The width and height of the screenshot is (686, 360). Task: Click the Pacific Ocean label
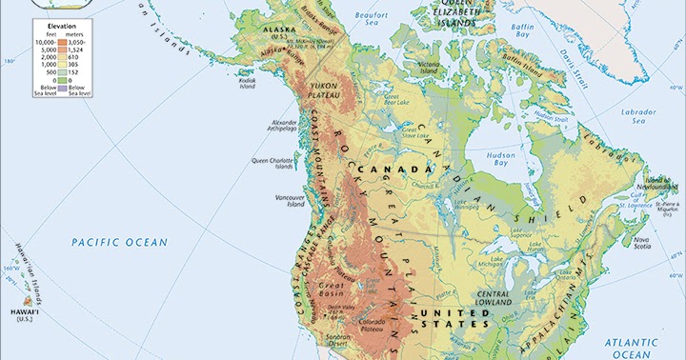click(x=119, y=243)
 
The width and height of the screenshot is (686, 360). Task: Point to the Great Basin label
click(x=331, y=289)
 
